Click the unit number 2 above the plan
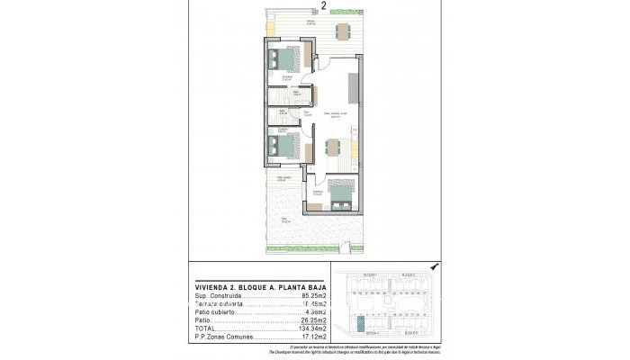(x=310, y=4)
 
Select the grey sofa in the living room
(x=355, y=85)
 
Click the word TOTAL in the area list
(x=205, y=328)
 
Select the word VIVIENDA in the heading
(x=212, y=287)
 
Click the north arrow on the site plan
(x=434, y=267)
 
